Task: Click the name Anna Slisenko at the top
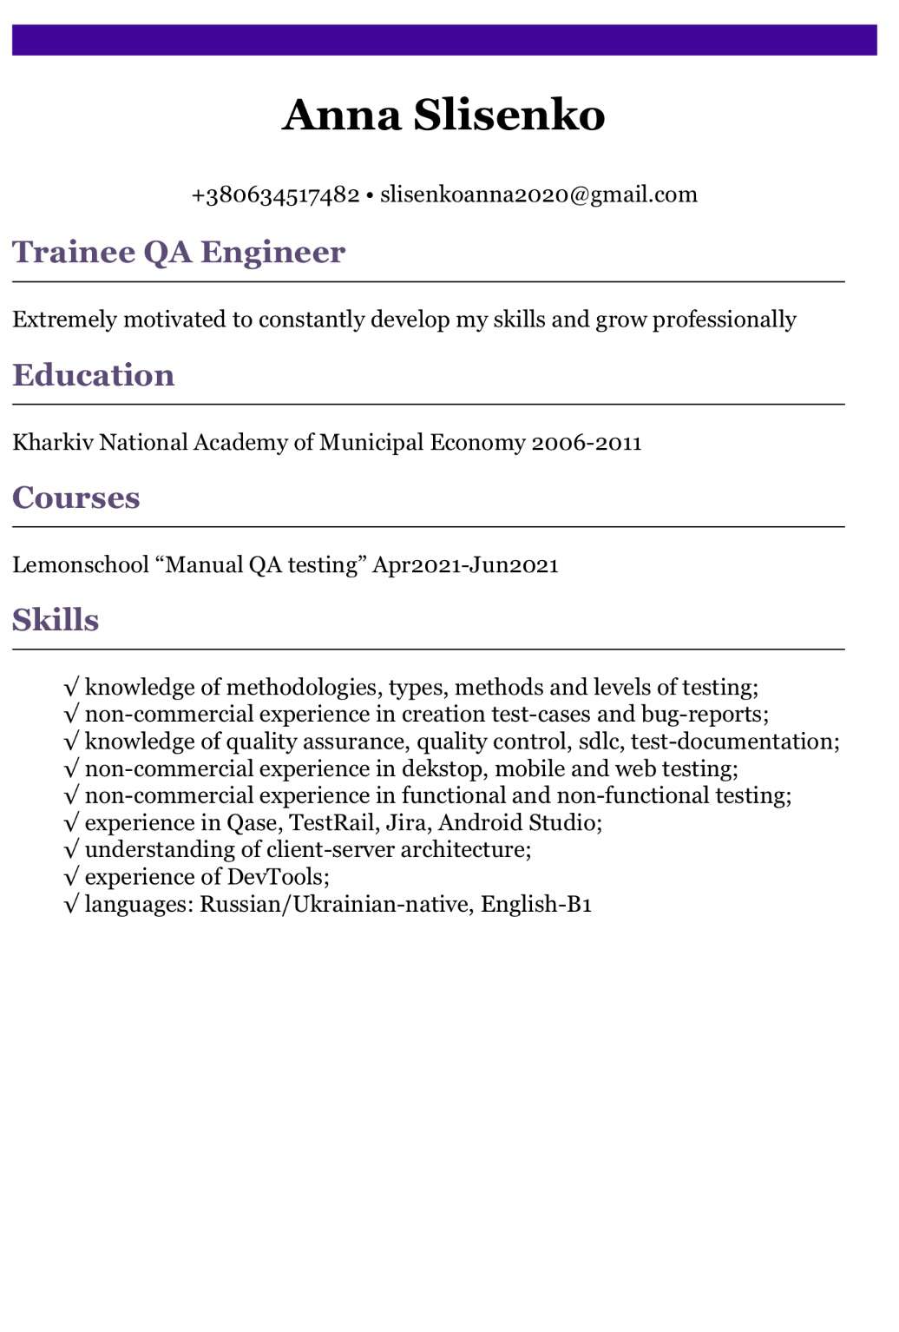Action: pos(443,115)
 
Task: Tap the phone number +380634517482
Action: pos(275,195)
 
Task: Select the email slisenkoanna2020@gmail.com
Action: pos(539,195)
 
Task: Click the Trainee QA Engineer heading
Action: pos(179,252)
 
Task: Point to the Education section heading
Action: pos(94,375)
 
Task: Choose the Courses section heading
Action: pos(76,498)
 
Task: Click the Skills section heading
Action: pos(56,620)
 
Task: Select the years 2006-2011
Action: pos(587,443)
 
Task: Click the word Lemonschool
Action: pos(81,565)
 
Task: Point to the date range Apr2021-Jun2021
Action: pos(465,565)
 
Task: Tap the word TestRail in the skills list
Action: pos(331,823)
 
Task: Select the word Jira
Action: pos(406,823)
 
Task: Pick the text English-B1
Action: pos(536,905)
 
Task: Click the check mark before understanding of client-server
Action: pos(71,850)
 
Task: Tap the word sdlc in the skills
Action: pos(598,742)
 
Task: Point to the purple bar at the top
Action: pos(444,40)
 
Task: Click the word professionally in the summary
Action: pos(725,320)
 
